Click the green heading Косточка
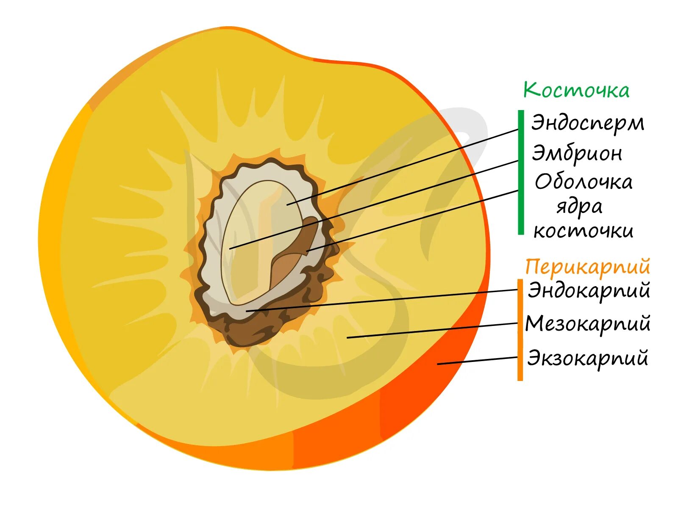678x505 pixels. coord(576,90)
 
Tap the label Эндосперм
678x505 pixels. coord(588,123)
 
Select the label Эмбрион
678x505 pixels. coord(577,153)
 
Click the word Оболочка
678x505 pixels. coord(584,182)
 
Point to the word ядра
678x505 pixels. coord(579,207)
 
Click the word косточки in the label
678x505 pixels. coord(584,231)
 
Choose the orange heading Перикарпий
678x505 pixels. coord(587,267)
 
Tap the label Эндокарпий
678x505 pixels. coord(589,291)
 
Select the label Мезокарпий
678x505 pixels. coord(588,324)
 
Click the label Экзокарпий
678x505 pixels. coord(588,358)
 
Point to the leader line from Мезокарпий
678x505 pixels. coord(432,331)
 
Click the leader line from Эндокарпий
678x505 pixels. coord(381,301)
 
